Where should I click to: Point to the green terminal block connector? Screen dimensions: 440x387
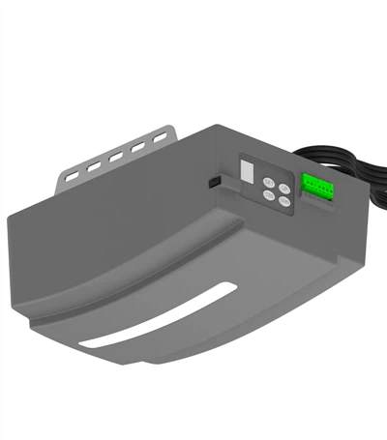316,185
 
